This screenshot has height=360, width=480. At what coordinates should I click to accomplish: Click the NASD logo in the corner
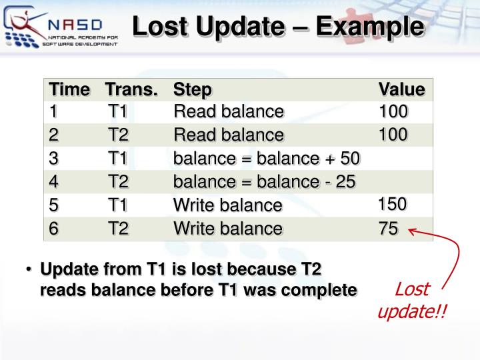click(x=60, y=27)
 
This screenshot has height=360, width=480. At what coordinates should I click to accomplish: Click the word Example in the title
click(x=370, y=27)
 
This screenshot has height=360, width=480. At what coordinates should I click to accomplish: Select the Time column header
click(x=69, y=89)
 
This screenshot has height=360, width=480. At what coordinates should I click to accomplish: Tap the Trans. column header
click(x=131, y=89)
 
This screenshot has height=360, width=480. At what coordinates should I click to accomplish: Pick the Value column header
click(x=401, y=89)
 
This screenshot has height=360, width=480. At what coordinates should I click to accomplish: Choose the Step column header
click(x=192, y=89)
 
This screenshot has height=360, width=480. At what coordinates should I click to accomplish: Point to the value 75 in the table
click(x=388, y=229)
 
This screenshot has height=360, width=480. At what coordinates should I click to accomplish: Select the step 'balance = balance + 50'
click(x=267, y=158)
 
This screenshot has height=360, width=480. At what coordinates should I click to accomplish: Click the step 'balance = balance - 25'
click(x=265, y=181)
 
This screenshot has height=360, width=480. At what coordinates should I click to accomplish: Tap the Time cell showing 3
click(x=54, y=158)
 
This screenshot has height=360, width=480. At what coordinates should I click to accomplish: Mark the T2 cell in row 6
click(x=119, y=229)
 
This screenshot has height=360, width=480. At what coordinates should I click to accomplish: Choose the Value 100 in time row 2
click(x=393, y=135)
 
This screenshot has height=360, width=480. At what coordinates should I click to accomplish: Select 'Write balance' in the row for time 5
click(x=228, y=205)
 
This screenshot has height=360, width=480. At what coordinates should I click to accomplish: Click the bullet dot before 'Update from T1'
click(x=29, y=271)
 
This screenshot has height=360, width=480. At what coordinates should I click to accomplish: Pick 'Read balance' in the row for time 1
click(x=229, y=111)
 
